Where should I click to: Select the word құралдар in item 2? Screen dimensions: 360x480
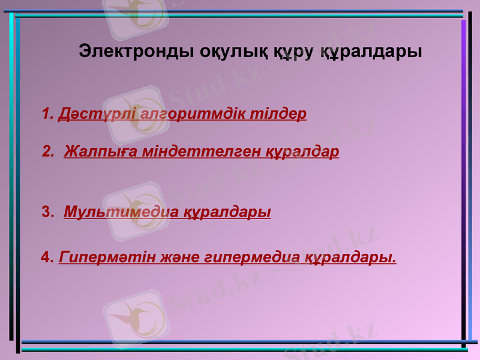[x=303, y=151]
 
